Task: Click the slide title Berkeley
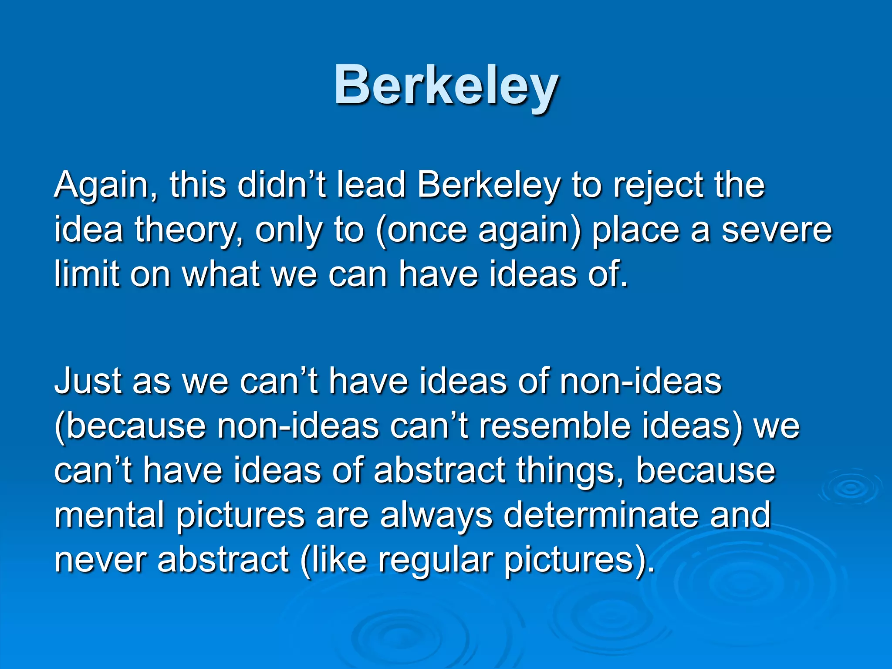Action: coord(446,85)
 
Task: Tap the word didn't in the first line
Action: coord(281,185)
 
